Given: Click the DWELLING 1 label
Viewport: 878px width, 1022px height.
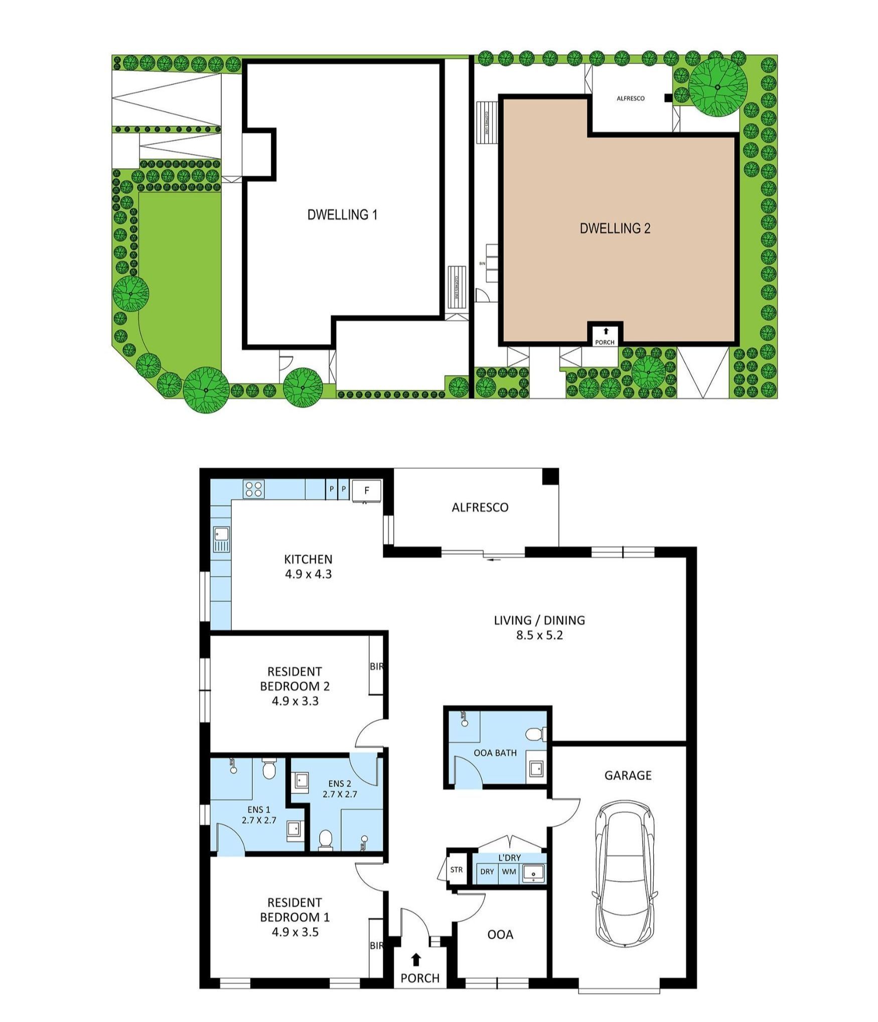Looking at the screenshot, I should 342,215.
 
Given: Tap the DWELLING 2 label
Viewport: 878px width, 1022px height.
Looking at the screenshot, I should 615,228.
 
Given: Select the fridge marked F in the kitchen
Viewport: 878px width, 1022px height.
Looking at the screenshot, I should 367,490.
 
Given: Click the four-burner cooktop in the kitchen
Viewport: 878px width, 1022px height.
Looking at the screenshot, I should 254,489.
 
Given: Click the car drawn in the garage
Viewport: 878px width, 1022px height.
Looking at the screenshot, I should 625,880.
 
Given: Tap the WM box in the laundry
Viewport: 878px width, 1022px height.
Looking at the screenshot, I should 509,871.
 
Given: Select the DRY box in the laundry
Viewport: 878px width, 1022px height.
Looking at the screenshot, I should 487,871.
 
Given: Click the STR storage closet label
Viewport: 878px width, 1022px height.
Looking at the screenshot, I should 456,869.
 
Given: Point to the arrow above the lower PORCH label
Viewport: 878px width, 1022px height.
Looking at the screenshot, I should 416,960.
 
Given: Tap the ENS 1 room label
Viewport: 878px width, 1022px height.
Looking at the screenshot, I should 259,810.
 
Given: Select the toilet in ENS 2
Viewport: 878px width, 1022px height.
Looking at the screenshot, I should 326,839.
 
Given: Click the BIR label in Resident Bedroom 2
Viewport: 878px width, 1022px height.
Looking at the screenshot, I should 376,667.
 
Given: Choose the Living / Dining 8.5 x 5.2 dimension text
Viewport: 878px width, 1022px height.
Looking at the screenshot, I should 539,635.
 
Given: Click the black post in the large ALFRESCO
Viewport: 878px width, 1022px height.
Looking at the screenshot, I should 550,476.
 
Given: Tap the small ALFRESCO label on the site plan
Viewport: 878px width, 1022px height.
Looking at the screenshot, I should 631,98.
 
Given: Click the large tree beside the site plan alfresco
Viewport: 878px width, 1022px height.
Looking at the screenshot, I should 718,87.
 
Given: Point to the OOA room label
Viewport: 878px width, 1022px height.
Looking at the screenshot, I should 500,934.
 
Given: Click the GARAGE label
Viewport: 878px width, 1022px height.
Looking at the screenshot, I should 628,775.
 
